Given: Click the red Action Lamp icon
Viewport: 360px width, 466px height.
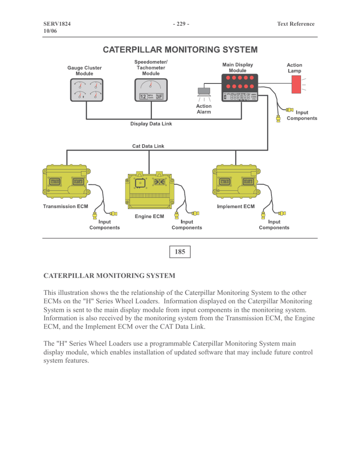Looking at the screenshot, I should coord(296,84).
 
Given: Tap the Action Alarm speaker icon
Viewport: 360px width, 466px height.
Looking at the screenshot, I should coord(205,91).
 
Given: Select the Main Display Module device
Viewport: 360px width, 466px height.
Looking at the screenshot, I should coord(239,88).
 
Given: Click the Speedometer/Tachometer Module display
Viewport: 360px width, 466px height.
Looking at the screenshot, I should coord(150,90).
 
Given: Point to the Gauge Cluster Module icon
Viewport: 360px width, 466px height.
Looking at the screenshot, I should coord(86,90).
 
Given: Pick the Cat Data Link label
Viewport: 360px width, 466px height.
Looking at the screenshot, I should coord(148,146).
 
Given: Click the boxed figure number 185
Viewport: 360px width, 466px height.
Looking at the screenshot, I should coord(180,252).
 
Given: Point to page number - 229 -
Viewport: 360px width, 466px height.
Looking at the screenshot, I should coord(180,24).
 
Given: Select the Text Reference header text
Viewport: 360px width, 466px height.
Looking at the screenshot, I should coord(295,24).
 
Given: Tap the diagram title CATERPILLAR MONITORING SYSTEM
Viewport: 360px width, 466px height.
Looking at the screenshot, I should coord(180,49).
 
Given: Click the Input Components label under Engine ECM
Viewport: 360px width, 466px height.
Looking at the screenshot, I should coord(187,225).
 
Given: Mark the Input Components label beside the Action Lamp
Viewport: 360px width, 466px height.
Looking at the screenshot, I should coord(302,115).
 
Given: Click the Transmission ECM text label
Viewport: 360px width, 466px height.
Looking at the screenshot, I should coord(67,206).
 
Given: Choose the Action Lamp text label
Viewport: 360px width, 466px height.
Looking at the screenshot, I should coord(294,68).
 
